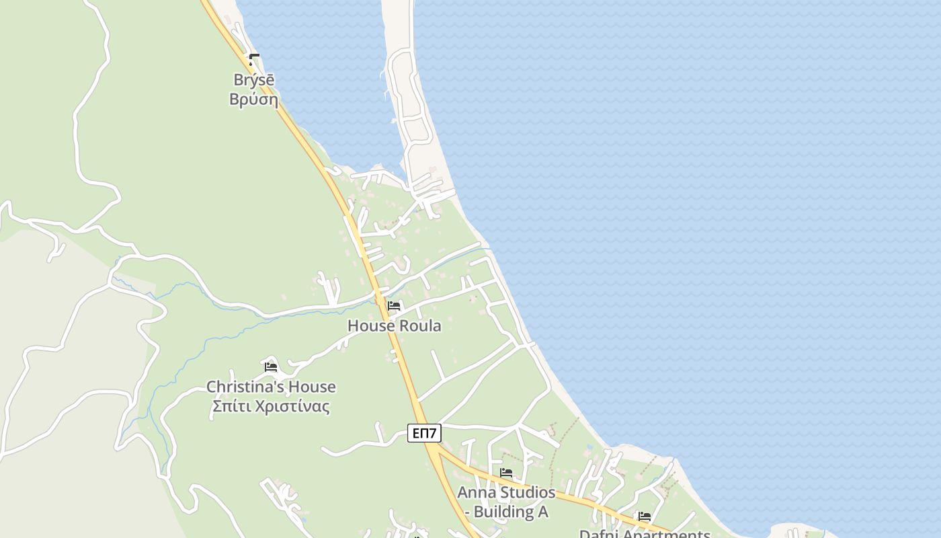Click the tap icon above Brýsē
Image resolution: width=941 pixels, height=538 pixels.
click(x=254, y=60)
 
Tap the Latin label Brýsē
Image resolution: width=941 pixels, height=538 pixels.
click(x=253, y=79)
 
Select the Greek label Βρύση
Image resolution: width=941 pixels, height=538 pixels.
click(x=253, y=100)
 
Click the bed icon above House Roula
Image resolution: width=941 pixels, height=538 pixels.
click(x=394, y=307)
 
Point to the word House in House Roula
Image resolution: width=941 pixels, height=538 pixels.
click(x=370, y=326)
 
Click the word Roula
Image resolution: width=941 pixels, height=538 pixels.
click(x=419, y=326)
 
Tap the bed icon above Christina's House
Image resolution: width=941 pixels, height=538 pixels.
click(x=271, y=367)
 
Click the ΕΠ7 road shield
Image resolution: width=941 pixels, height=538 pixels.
click(x=424, y=433)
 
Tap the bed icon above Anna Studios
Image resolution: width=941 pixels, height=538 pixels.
click(x=506, y=473)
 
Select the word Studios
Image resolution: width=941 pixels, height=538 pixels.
click(x=527, y=492)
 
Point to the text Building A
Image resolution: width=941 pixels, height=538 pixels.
click(x=511, y=512)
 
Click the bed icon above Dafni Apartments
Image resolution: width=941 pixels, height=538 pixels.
click(x=645, y=516)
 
